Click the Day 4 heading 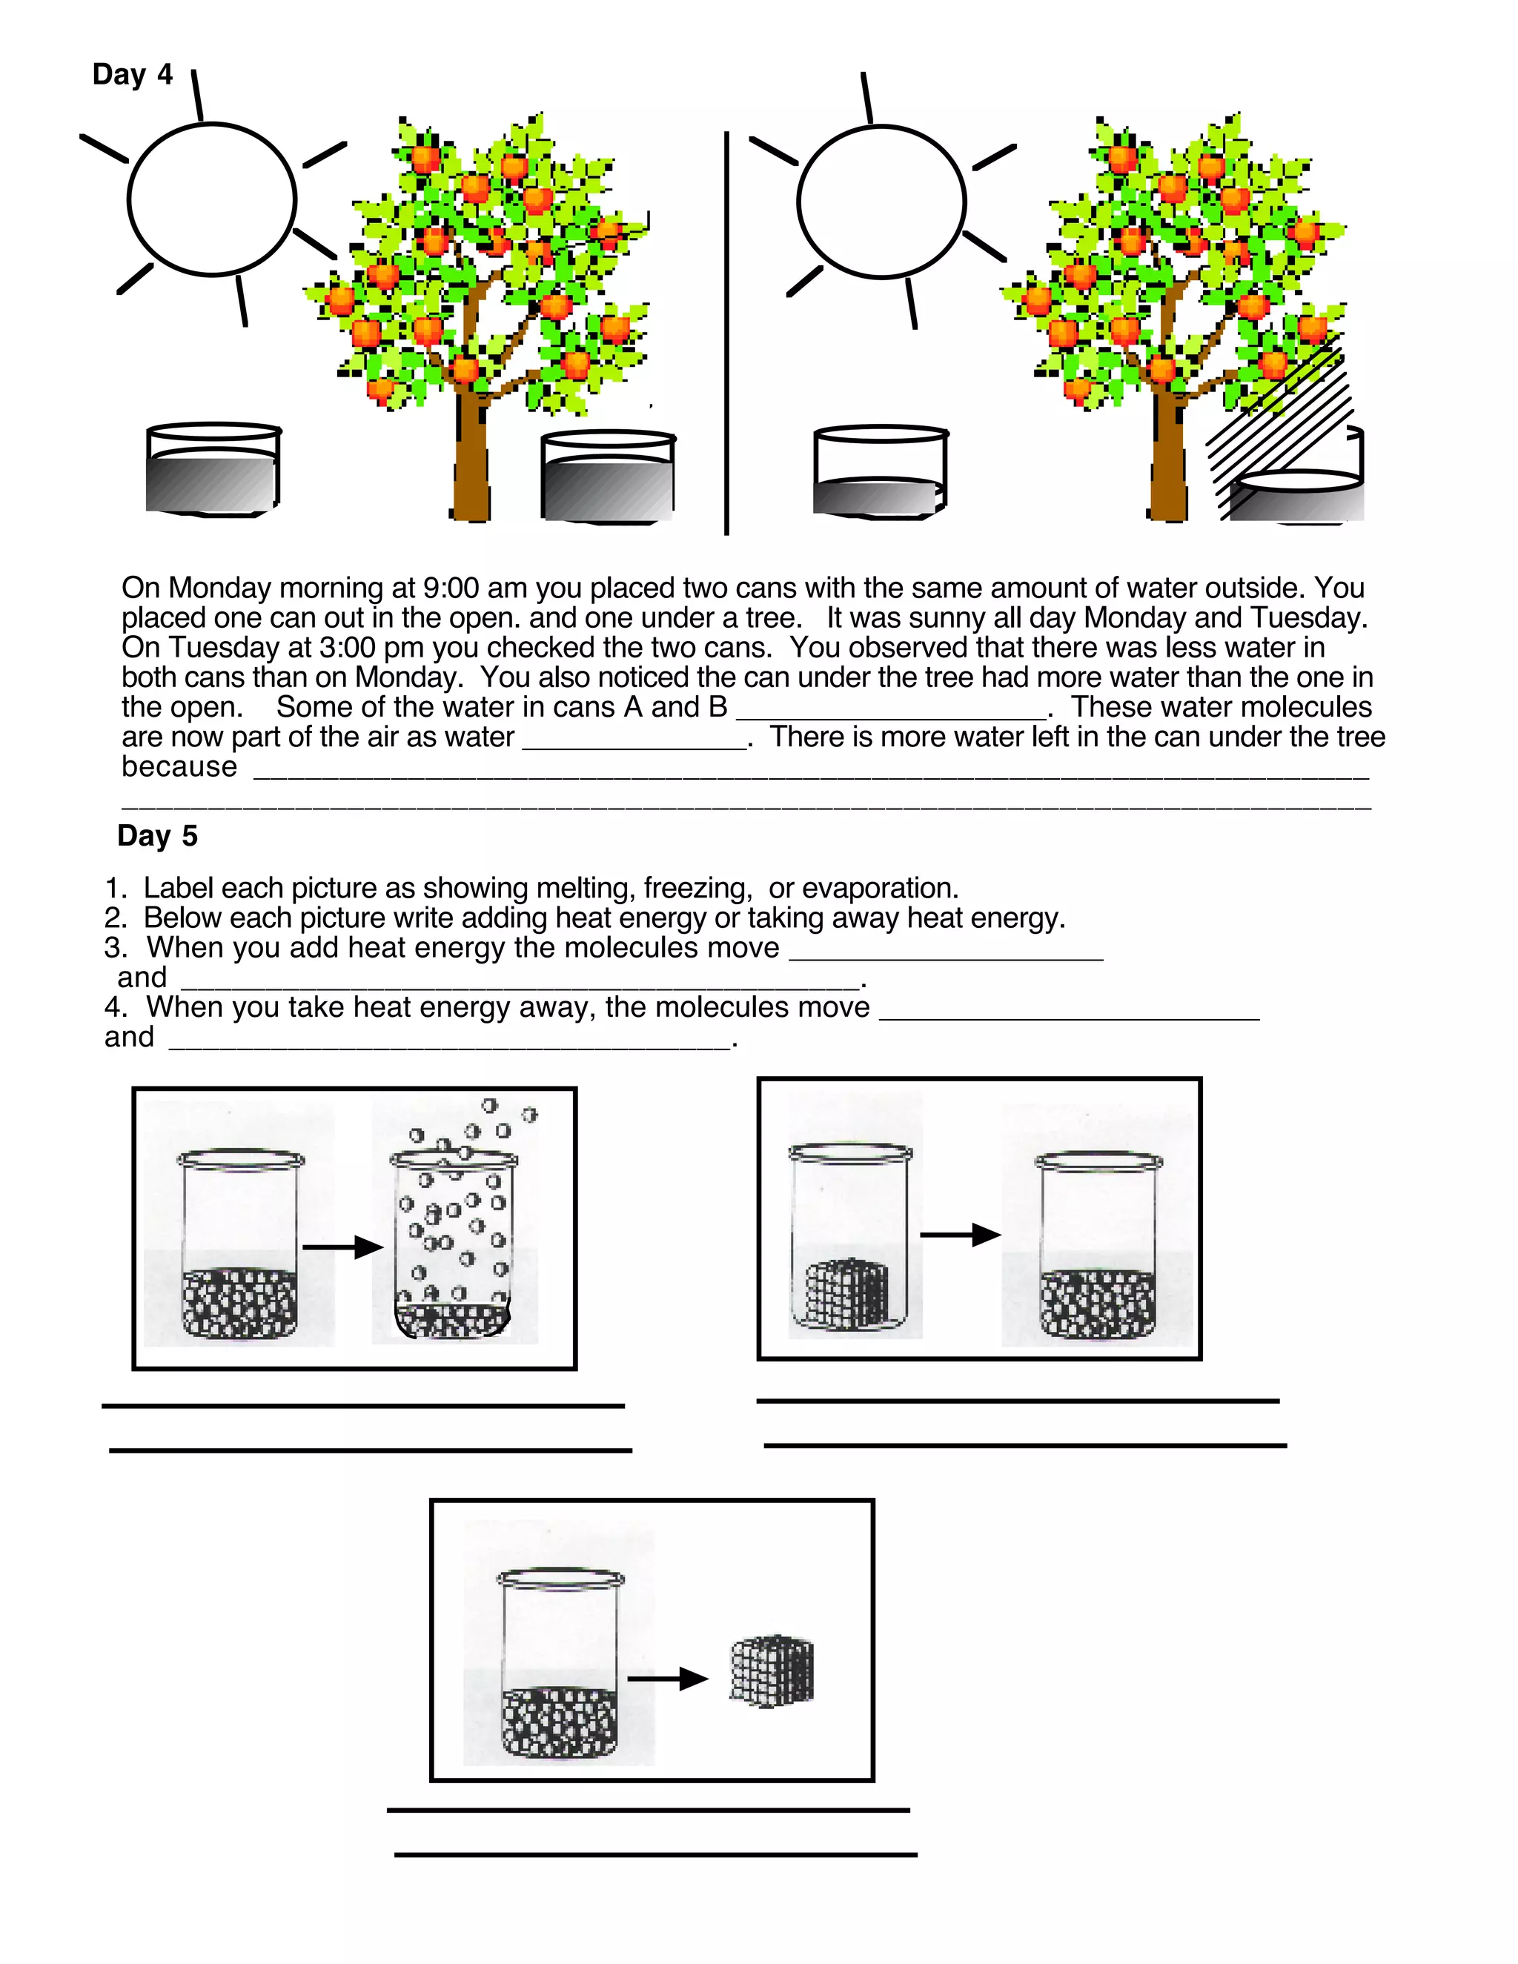pos(132,75)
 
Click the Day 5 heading pos(157,835)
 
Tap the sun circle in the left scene pos(212,199)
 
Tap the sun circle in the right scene pos(881,202)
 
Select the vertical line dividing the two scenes pos(726,333)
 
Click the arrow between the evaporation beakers pos(342,1247)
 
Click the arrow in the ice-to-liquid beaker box pos(961,1235)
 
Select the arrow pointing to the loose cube pos(667,1678)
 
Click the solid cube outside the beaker pos(772,1669)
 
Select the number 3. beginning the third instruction pos(115,948)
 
